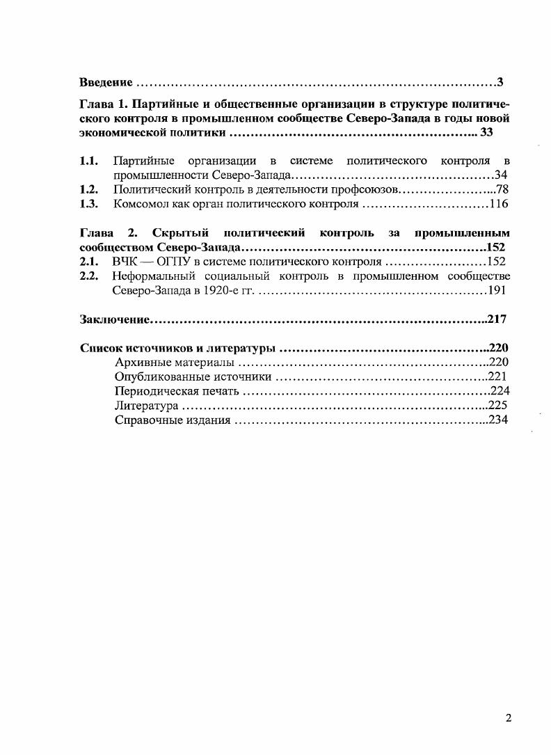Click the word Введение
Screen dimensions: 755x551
pos(106,83)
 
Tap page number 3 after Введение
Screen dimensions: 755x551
pos(500,83)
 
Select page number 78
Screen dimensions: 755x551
pos(503,189)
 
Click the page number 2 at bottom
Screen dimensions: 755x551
pos(509,719)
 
